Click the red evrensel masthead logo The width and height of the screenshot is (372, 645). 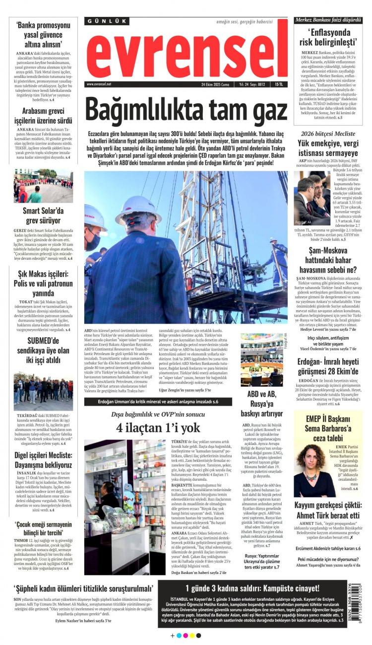(x=187, y=51)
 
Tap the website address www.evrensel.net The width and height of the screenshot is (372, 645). (x=99, y=84)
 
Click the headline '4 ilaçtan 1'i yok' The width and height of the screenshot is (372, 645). (x=158, y=428)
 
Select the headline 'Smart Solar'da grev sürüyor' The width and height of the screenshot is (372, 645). (x=43, y=215)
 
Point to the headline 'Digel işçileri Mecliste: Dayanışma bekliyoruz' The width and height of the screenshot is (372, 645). (x=43, y=460)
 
